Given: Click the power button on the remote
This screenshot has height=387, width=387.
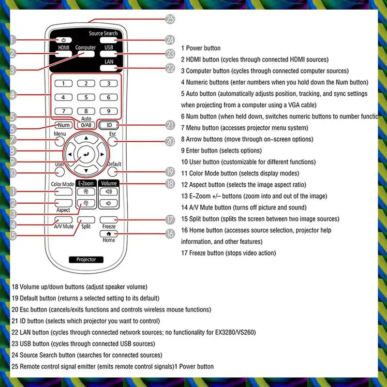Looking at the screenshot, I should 64,40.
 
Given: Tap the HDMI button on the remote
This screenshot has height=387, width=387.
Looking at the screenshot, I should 64,54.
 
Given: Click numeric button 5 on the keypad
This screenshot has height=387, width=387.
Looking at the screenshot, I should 86,97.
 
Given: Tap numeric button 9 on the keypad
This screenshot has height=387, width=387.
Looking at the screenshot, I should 108,111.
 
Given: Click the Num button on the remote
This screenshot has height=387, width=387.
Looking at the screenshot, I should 63,125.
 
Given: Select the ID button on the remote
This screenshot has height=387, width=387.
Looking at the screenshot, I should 108,125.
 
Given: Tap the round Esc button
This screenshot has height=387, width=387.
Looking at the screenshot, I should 113,142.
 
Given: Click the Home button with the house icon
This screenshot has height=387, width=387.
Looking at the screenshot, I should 108,233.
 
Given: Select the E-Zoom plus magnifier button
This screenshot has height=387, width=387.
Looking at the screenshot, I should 86,192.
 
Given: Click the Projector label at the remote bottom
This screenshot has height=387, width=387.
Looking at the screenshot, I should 86,260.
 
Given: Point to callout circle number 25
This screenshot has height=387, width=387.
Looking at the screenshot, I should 169,19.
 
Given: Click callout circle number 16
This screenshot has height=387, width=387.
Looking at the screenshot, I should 169,234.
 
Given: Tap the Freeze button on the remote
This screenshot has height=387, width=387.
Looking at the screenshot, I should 108,220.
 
